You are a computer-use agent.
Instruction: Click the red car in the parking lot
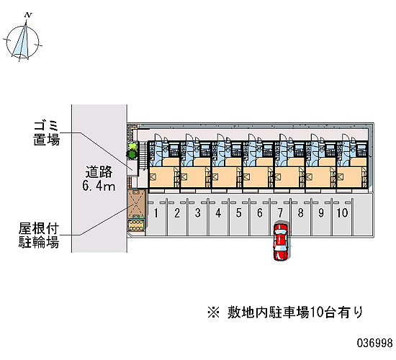pyautogui.click(x=281, y=241)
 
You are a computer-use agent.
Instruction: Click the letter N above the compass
pyautogui.click(x=29, y=15)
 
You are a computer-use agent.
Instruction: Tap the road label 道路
pyautogui.click(x=99, y=172)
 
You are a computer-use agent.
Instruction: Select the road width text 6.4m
pyautogui.click(x=99, y=186)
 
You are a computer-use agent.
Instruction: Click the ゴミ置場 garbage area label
pyautogui.click(x=47, y=133)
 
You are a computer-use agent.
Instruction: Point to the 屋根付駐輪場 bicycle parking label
pyautogui.click(x=39, y=235)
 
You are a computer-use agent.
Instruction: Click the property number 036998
pyautogui.click(x=375, y=343)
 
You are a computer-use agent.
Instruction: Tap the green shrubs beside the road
pyautogui.click(x=132, y=150)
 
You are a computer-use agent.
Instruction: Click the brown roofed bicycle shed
pyautogui.click(x=136, y=204)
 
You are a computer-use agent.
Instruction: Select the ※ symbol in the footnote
pyautogui.click(x=213, y=312)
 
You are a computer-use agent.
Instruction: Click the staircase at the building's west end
pyautogui.click(x=143, y=156)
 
